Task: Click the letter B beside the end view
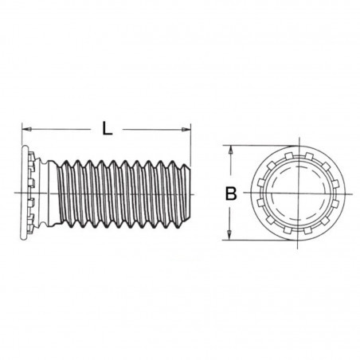point(229,193)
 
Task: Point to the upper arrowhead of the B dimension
point(230,150)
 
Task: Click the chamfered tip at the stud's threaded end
point(188,193)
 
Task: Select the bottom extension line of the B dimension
point(255,240)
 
